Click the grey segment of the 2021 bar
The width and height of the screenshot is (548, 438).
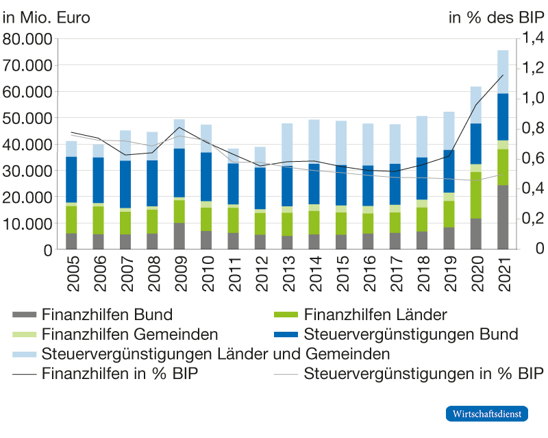tap(503, 217)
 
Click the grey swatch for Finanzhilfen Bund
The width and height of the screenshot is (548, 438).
tap(25, 315)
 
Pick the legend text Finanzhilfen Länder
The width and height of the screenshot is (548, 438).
tap(375, 315)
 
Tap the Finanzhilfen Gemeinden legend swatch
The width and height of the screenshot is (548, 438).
tap(25, 335)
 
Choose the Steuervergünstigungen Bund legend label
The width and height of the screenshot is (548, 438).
tap(410, 335)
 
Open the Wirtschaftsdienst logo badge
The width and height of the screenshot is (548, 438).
tap(488, 414)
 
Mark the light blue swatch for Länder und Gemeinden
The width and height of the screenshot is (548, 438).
tap(25, 355)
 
